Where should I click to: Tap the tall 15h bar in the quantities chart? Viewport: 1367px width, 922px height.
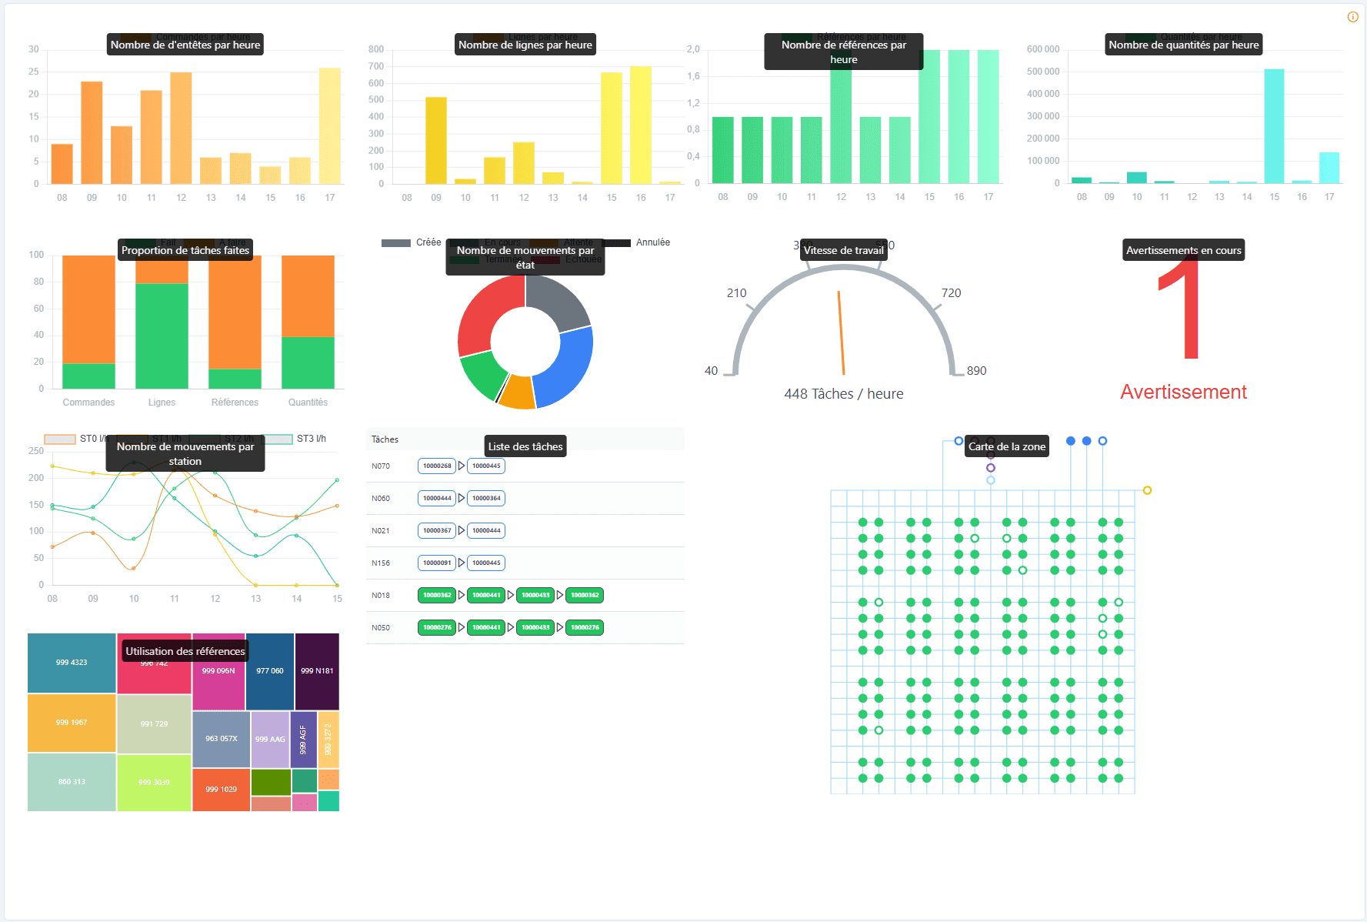1274,126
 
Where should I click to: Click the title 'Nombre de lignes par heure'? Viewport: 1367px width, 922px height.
525,45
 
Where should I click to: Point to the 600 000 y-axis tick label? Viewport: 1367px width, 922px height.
1042,49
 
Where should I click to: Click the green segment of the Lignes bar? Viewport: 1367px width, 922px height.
162,336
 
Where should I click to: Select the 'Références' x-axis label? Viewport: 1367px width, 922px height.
235,403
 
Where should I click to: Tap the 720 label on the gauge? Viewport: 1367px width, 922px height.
951,293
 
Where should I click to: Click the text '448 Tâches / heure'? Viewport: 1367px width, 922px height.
843,394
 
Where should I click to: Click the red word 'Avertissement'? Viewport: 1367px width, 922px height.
1183,393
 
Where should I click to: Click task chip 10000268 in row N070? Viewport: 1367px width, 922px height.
437,466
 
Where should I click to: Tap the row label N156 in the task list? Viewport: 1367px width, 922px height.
380,563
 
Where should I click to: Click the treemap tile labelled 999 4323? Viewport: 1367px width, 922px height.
72,663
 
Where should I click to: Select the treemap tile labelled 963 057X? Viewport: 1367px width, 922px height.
221,739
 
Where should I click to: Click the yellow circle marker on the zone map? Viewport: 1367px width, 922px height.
1147,490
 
